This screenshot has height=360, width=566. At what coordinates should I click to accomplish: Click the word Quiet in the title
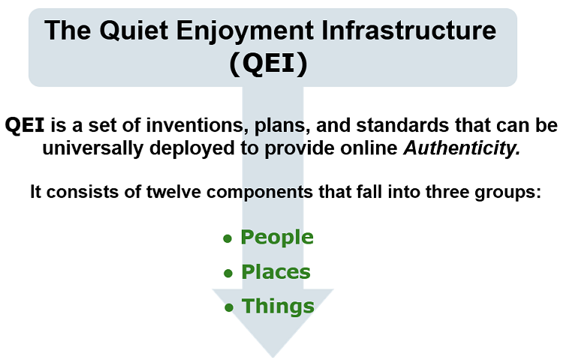click(134, 31)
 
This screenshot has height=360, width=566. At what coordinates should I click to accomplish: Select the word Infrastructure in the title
click(408, 30)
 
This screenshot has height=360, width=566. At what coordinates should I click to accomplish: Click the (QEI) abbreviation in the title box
click(269, 64)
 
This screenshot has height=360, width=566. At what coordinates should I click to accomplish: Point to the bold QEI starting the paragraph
click(25, 125)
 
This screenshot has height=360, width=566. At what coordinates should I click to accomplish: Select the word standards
click(403, 125)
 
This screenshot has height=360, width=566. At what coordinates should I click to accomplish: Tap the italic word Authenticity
click(462, 148)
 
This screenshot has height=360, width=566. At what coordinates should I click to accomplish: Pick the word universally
click(93, 148)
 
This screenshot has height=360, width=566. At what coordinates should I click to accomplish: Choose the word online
click(369, 148)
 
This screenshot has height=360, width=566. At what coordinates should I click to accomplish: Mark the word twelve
click(173, 191)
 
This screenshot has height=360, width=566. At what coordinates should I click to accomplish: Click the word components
click(260, 192)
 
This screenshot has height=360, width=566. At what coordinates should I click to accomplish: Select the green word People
click(277, 238)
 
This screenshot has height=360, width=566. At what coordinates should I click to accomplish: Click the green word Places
click(275, 272)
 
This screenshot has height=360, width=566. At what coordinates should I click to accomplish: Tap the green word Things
click(278, 307)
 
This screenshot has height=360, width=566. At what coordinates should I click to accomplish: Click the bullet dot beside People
click(227, 238)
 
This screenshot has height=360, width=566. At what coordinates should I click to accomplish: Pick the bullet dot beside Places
click(227, 273)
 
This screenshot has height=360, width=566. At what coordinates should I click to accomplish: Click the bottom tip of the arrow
click(273, 358)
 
